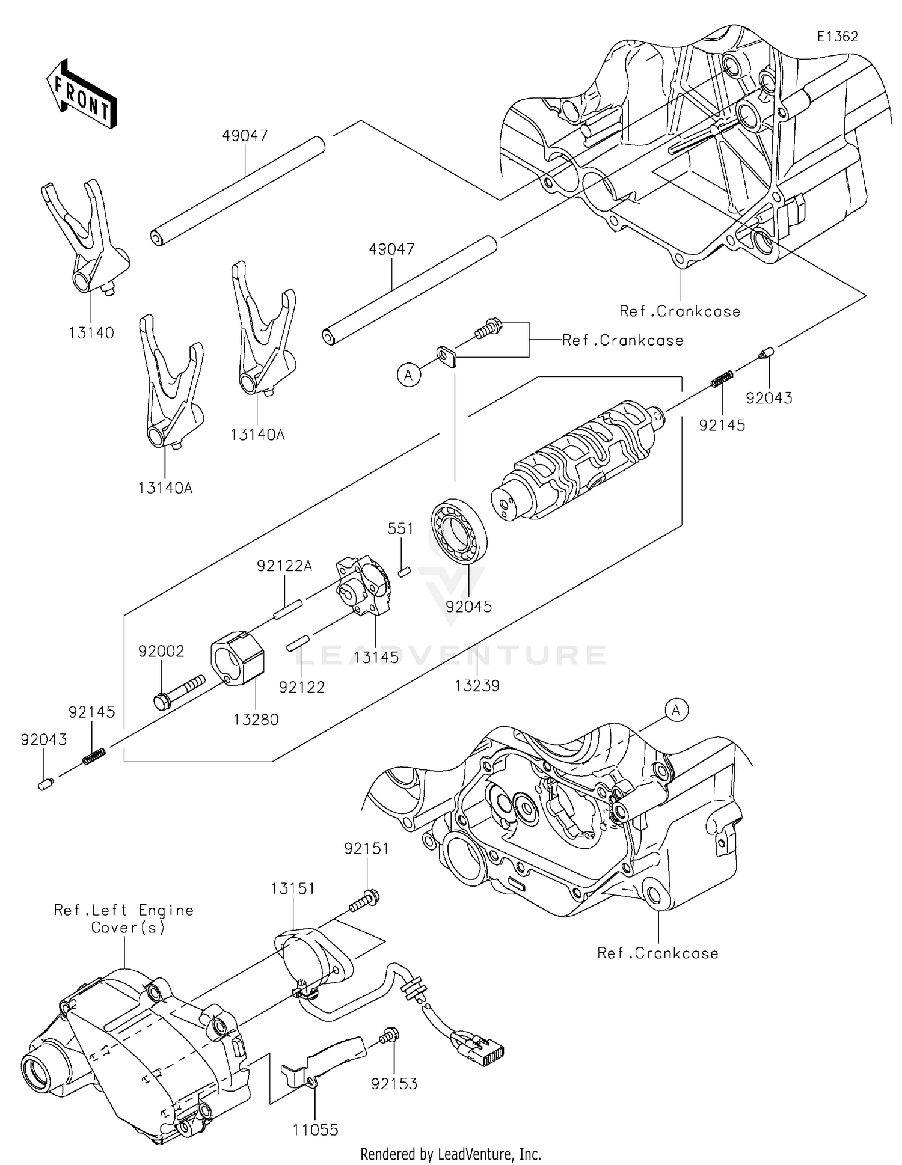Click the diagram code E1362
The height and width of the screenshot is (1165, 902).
(x=837, y=37)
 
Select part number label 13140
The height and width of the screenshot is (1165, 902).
(x=91, y=332)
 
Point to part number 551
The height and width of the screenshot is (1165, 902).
(x=400, y=529)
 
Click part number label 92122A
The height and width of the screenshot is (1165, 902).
(x=284, y=566)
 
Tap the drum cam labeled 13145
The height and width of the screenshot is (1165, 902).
(x=363, y=586)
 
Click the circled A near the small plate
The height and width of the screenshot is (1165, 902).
(x=409, y=376)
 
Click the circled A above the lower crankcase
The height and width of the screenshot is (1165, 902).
(x=677, y=710)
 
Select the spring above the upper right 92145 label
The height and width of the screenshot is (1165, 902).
(x=721, y=379)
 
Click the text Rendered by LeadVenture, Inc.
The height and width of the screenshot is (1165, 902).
(x=450, y=1154)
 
